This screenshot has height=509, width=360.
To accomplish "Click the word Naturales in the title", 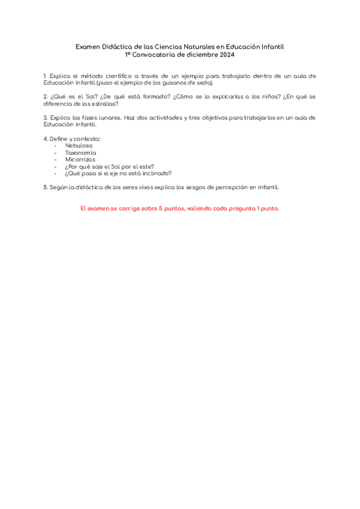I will coord(197,46).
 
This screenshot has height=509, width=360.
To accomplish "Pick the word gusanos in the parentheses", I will coord(176,83).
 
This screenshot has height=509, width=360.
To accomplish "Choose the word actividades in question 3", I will coord(167,117).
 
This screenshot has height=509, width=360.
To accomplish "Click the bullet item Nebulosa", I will coord(79,145).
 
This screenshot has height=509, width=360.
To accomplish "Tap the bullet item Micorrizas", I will coord(80,159).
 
